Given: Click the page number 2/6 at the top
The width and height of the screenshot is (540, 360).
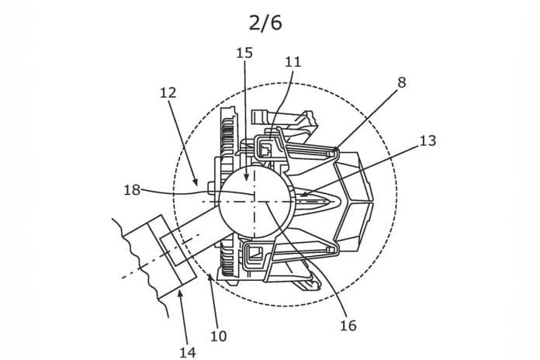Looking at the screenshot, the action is point(265,23).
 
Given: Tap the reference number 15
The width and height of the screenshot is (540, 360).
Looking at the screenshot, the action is point(244,53).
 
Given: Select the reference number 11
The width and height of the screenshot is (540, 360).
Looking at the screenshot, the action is point(293,62).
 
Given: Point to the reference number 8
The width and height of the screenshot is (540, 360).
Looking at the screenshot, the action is point(402,83).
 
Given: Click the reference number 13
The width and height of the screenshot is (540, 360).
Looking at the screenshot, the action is point(427,140).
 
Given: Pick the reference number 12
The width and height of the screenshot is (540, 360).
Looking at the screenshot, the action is point(168,92).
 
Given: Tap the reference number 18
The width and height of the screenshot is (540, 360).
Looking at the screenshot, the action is point(132,190).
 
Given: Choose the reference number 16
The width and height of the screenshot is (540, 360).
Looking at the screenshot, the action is point(348,325).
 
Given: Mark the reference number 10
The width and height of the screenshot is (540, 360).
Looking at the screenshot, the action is point(219,336).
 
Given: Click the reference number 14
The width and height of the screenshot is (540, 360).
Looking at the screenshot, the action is point(188,352).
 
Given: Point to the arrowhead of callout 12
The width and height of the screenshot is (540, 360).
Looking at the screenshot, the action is point(196,182).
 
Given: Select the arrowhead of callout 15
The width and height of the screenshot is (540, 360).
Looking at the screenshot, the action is point(246,177).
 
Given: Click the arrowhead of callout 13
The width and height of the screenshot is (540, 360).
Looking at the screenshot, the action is point(303,194).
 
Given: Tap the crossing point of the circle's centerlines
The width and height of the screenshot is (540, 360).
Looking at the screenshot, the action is point(254,202).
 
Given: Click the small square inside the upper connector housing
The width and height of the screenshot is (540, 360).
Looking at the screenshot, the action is point(265,151).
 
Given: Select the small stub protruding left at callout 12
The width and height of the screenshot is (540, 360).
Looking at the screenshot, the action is point(212,187).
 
